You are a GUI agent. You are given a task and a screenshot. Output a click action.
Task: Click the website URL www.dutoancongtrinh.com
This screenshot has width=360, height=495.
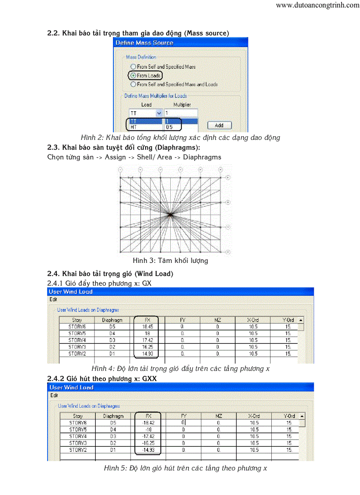tap(318, 5)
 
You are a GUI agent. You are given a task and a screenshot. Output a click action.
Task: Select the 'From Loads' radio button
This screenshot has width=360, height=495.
tap(131, 75)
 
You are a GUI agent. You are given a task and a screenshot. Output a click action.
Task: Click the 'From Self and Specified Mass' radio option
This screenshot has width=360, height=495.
tap(133, 67)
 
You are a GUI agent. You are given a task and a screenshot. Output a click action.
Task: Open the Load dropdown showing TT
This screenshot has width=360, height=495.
tap(159, 113)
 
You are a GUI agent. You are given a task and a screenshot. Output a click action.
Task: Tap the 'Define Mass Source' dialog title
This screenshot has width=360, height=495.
tap(144, 43)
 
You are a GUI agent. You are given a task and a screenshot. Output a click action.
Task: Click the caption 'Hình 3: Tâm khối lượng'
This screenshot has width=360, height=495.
tap(170, 261)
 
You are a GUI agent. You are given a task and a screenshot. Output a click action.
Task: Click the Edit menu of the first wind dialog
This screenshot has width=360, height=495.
tap(53, 299)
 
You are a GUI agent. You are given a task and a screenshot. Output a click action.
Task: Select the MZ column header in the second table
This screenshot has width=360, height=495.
tap(218, 416)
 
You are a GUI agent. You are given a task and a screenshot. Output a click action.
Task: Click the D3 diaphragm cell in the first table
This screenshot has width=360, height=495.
tap(112, 340)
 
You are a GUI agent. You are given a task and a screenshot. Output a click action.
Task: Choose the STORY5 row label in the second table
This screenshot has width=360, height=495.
tap(78, 429)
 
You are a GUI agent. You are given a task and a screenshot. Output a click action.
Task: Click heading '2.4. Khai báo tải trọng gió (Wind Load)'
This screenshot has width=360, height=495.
tap(110, 274)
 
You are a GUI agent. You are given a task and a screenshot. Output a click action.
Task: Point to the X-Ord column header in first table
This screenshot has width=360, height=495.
tap(253, 320)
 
